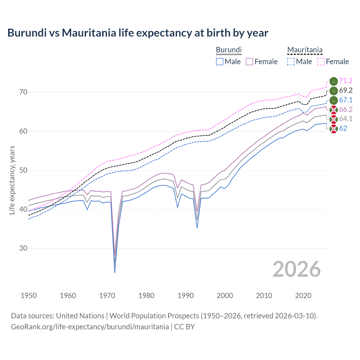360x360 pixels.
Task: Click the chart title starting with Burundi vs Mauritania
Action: [138, 33]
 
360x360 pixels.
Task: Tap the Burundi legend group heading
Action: [229, 50]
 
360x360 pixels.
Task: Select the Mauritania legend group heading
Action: [305, 50]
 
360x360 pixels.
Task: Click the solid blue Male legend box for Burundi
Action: [220, 62]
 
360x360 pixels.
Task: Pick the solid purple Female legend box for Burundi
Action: [249, 62]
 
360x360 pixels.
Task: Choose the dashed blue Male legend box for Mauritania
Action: [291, 62]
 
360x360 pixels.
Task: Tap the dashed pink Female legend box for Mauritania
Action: [321, 62]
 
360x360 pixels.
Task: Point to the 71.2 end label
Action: [346, 81]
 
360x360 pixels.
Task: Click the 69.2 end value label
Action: [346, 91]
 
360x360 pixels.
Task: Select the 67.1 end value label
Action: [346, 100]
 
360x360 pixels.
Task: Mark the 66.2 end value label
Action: [346, 109]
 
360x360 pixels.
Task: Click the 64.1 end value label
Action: [346, 119]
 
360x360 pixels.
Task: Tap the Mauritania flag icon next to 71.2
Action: [334, 81]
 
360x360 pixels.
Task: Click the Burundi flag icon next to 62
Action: [334, 129]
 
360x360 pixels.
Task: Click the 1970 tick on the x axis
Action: [107, 296]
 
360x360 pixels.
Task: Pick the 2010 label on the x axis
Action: [264, 296]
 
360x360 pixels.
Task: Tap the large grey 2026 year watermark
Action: [297, 269]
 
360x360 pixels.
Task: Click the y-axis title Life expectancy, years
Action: [12, 180]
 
